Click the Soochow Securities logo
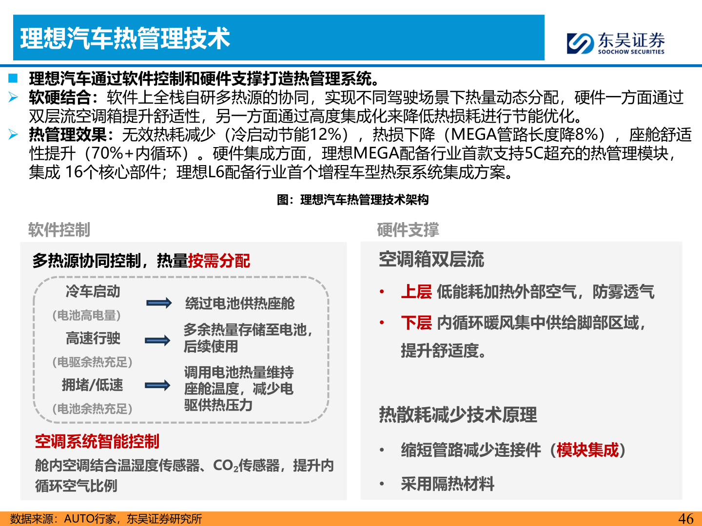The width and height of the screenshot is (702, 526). pos(615,43)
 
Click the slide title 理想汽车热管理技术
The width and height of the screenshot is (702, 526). pos(125,38)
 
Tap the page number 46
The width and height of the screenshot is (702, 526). pos(685,519)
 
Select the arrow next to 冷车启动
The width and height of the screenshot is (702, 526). pos(159,303)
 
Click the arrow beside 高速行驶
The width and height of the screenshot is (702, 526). pos(157,340)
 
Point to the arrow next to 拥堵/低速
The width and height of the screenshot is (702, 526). pos(157,386)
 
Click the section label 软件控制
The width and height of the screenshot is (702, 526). pos(59,230)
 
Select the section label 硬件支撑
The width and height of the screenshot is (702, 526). pos(408,230)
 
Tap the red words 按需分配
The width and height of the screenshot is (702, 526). pos(219,261)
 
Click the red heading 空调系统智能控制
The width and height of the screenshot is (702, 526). pos(97,441)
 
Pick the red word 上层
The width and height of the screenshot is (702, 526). pos(416,292)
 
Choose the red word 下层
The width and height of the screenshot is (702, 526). pos(416,322)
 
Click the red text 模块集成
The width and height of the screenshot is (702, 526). pos(587,450)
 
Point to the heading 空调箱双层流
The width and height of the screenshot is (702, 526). pos(431,259)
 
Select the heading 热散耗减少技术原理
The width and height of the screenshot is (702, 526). pos(458,415)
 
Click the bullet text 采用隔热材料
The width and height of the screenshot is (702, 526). pos(448,484)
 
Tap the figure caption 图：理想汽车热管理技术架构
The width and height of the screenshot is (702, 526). pos(353,200)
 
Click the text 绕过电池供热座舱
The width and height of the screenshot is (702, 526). pos(240,303)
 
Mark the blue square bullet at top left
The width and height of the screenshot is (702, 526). pos(13,78)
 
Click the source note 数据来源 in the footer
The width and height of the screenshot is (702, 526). pos(106,519)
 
